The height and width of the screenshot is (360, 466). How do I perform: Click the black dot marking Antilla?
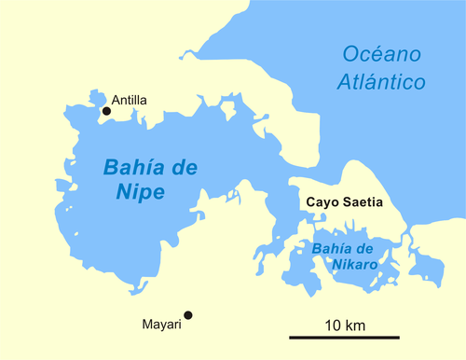pos(106,111)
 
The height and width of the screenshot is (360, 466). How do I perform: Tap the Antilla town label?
pos(129,101)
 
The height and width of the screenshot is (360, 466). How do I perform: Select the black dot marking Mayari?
pos(187,315)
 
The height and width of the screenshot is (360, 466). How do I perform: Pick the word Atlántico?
pos(380,82)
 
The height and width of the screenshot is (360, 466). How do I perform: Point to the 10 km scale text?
pos(344,324)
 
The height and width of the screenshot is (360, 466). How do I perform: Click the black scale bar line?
pos(344,337)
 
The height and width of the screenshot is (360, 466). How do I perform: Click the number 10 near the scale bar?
pos(332,324)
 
